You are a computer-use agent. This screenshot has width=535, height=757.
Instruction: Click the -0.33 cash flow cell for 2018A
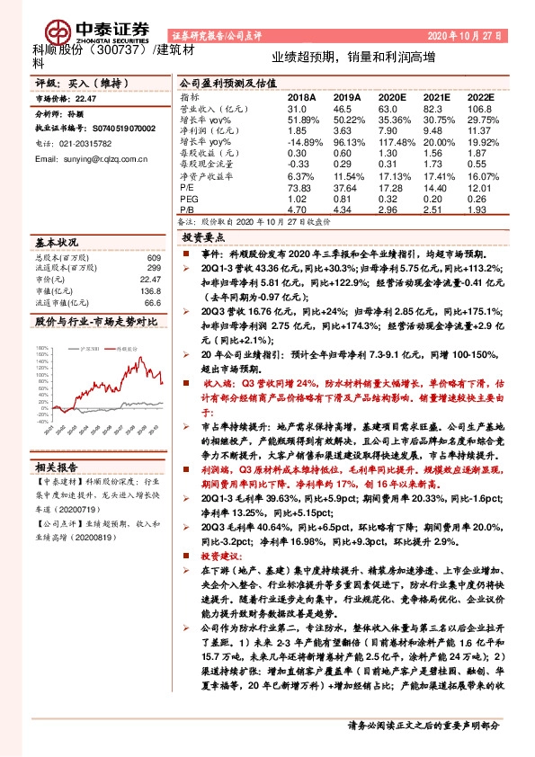point(299,164)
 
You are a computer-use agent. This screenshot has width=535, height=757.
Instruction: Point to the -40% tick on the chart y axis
point(42,420)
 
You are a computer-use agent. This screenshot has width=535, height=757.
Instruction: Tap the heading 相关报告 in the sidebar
point(58,467)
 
